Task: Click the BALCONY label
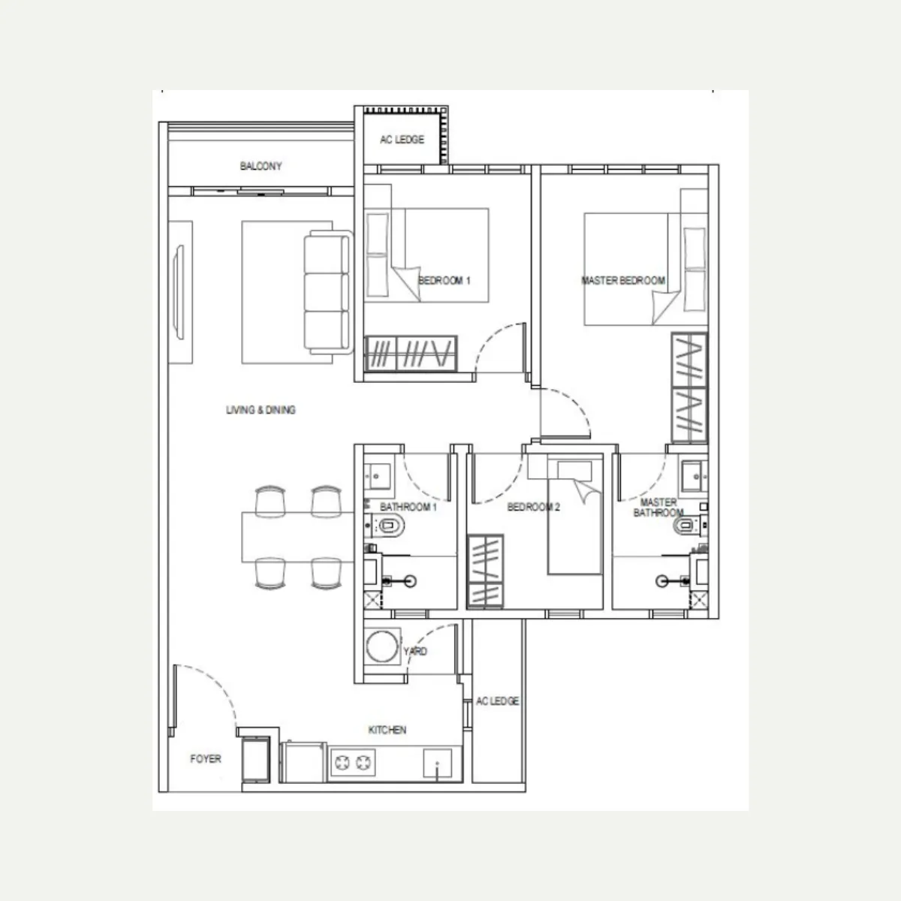coord(261,166)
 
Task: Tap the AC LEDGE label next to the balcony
coord(402,140)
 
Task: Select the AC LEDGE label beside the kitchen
coord(498,701)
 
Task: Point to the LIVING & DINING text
coord(261,410)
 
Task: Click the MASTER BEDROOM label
coord(623,281)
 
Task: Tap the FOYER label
coord(205,758)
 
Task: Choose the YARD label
coord(415,651)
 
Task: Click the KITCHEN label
coord(387,729)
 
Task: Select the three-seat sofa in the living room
coord(328,292)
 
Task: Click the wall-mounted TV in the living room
coord(179,292)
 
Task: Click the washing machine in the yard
coord(382,647)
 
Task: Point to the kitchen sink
coord(438,764)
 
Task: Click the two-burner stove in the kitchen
coord(353,763)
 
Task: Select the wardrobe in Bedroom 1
coord(411,354)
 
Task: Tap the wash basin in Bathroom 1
coord(378,477)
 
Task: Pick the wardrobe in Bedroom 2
coord(486,572)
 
